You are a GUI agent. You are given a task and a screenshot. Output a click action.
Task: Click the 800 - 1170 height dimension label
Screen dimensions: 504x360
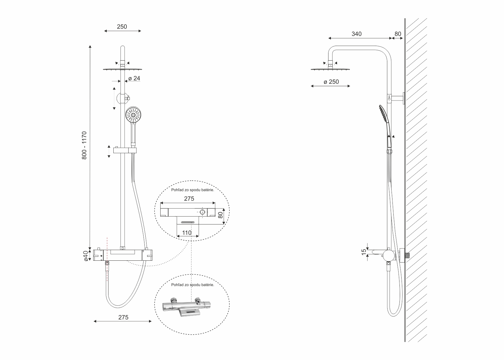84,146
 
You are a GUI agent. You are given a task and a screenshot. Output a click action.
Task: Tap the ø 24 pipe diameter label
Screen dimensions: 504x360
134,78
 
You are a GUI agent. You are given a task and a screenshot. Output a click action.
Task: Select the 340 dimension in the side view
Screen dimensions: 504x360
357,34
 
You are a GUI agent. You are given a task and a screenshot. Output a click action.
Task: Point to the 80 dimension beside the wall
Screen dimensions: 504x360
398,34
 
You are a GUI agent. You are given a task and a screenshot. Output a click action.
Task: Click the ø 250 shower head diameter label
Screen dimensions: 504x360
331,82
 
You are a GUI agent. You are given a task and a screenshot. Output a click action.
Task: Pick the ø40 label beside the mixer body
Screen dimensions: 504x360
86,256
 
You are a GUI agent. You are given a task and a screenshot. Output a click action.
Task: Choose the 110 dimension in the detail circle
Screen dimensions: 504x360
187,233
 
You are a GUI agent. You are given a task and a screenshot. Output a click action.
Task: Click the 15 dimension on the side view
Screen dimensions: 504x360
364,252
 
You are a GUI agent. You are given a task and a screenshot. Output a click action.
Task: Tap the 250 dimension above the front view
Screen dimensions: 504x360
122,26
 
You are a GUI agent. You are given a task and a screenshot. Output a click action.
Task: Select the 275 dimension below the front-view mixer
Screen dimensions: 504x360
123,317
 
